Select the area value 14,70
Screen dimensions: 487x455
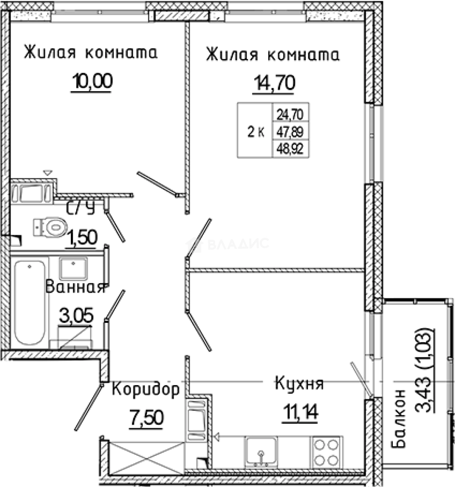pos(274,83)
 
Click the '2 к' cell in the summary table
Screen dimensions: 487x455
pos(255,131)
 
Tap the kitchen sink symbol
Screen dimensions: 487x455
pos(262,451)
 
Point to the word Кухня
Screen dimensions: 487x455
pos(299,384)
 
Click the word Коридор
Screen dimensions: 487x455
pos(145,389)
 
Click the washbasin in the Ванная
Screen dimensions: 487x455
pos(74,268)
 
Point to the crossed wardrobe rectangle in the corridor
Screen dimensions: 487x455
pos(147,457)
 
